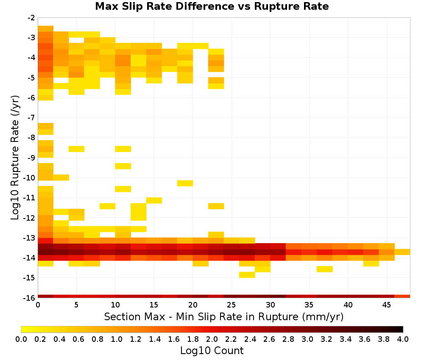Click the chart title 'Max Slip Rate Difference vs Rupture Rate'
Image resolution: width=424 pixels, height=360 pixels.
pyautogui.click(x=212, y=6)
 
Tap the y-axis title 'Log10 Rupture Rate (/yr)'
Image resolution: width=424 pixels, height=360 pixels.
pyautogui.click(x=15, y=158)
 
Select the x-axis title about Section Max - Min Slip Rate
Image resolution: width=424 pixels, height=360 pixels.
pyautogui.click(x=223, y=316)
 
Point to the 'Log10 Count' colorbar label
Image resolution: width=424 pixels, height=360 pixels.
pyautogui.click(x=212, y=351)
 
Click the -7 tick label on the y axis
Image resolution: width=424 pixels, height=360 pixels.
pyautogui.click(x=31, y=118)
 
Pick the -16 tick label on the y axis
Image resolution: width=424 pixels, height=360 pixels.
pyautogui.click(x=29, y=298)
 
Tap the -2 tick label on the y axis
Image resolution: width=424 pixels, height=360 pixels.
pyautogui.click(x=31, y=18)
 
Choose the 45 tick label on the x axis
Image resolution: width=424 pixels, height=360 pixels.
pyautogui.click(x=386, y=305)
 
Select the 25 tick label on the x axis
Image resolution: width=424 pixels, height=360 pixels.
pyautogui.click(x=231, y=305)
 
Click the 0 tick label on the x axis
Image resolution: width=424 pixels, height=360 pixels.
pyautogui.click(x=38, y=305)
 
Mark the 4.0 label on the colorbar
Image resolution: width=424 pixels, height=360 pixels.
pyautogui.click(x=403, y=339)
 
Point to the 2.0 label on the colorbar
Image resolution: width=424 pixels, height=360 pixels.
pyautogui.click(x=212, y=339)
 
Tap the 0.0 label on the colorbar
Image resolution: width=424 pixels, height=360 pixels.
pyautogui.click(x=21, y=339)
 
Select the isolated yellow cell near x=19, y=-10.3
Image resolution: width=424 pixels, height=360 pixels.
pyautogui.click(x=185, y=183)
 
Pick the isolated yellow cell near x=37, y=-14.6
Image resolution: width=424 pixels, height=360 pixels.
pyautogui.click(x=324, y=269)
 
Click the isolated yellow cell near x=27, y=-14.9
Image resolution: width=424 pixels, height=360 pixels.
pyautogui.click(x=247, y=274)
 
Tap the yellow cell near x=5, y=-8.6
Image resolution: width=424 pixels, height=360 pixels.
pyautogui.click(x=76, y=149)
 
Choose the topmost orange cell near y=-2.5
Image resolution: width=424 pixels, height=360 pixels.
pyautogui.click(x=45, y=29)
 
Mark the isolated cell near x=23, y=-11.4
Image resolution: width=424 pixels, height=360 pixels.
pyautogui.click(x=216, y=206)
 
